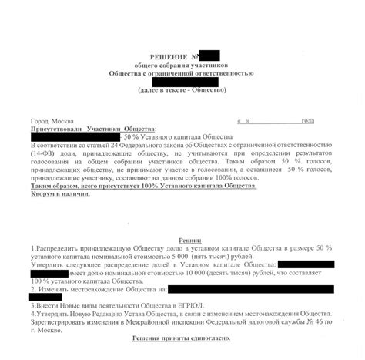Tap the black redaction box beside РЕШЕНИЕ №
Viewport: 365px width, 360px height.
(x=209, y=56)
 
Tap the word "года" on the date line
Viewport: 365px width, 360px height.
(x=308, y=121)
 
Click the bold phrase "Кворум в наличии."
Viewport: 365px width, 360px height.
(x=59, y=194)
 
